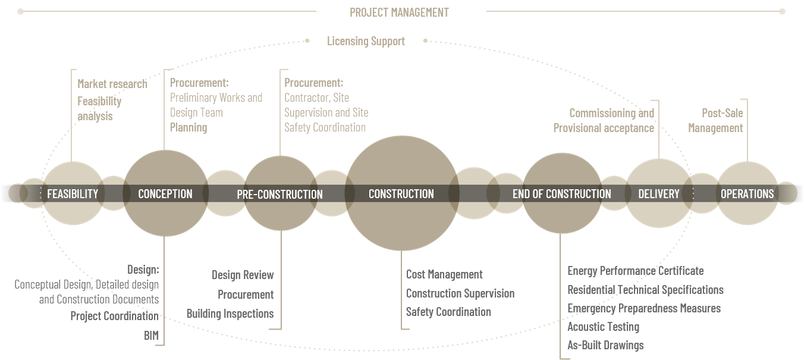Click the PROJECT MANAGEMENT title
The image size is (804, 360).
tap(399, 12)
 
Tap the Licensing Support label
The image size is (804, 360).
tap(366, 41)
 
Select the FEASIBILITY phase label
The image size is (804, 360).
tap(73, 194)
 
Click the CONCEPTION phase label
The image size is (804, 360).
tap(165, 194)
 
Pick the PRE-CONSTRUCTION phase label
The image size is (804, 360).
tap(279, 195)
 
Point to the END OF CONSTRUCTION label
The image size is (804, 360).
tap(561, 194)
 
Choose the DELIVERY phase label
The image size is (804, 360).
tap(658, 194)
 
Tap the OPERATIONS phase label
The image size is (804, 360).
tap(747, 194)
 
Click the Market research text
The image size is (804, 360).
tap(112, 84)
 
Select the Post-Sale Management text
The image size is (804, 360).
tap(715, 120)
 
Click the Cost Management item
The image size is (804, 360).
tap(444, 274)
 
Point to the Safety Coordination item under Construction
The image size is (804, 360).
tap(448, 312)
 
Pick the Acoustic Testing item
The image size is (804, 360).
tap(603, 327)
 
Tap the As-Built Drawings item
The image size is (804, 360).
tap(605, 345)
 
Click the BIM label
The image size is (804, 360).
tap(151, 336)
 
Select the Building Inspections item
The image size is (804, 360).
tap(230, 314)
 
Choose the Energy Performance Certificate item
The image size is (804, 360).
tap(635, 271)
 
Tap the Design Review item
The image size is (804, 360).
tap(243, 275)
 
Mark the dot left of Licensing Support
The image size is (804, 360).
tap(307, 41)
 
